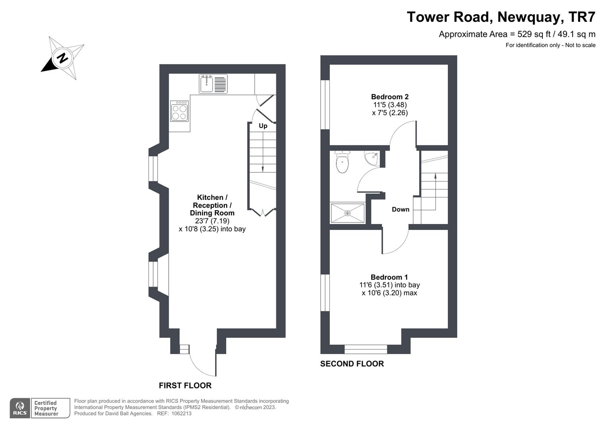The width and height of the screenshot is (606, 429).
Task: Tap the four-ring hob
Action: point(179,111)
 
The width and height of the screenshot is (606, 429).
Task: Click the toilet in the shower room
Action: point(342,162)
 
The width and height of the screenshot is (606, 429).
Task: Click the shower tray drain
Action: point(347,213)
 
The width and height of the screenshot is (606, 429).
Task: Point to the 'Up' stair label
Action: point(263,126)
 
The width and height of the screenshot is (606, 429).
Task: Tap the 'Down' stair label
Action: point(400,209)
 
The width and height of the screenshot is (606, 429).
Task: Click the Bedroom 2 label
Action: point(390,97)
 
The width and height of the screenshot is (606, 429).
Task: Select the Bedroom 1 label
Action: point(389,277)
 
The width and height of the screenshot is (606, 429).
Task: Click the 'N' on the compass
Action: point(63,58)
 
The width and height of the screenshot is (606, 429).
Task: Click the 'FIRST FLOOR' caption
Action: point(185,385)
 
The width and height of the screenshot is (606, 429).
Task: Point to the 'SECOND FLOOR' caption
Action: point(352,364)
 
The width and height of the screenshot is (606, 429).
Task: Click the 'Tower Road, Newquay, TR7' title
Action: point(501,17)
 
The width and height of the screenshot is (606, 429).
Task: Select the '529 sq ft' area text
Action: point(533,34)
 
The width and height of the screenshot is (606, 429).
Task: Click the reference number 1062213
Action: point(181,414)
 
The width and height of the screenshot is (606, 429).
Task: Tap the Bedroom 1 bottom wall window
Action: point(366,349)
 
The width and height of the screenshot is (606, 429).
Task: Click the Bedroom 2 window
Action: point(325,104)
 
